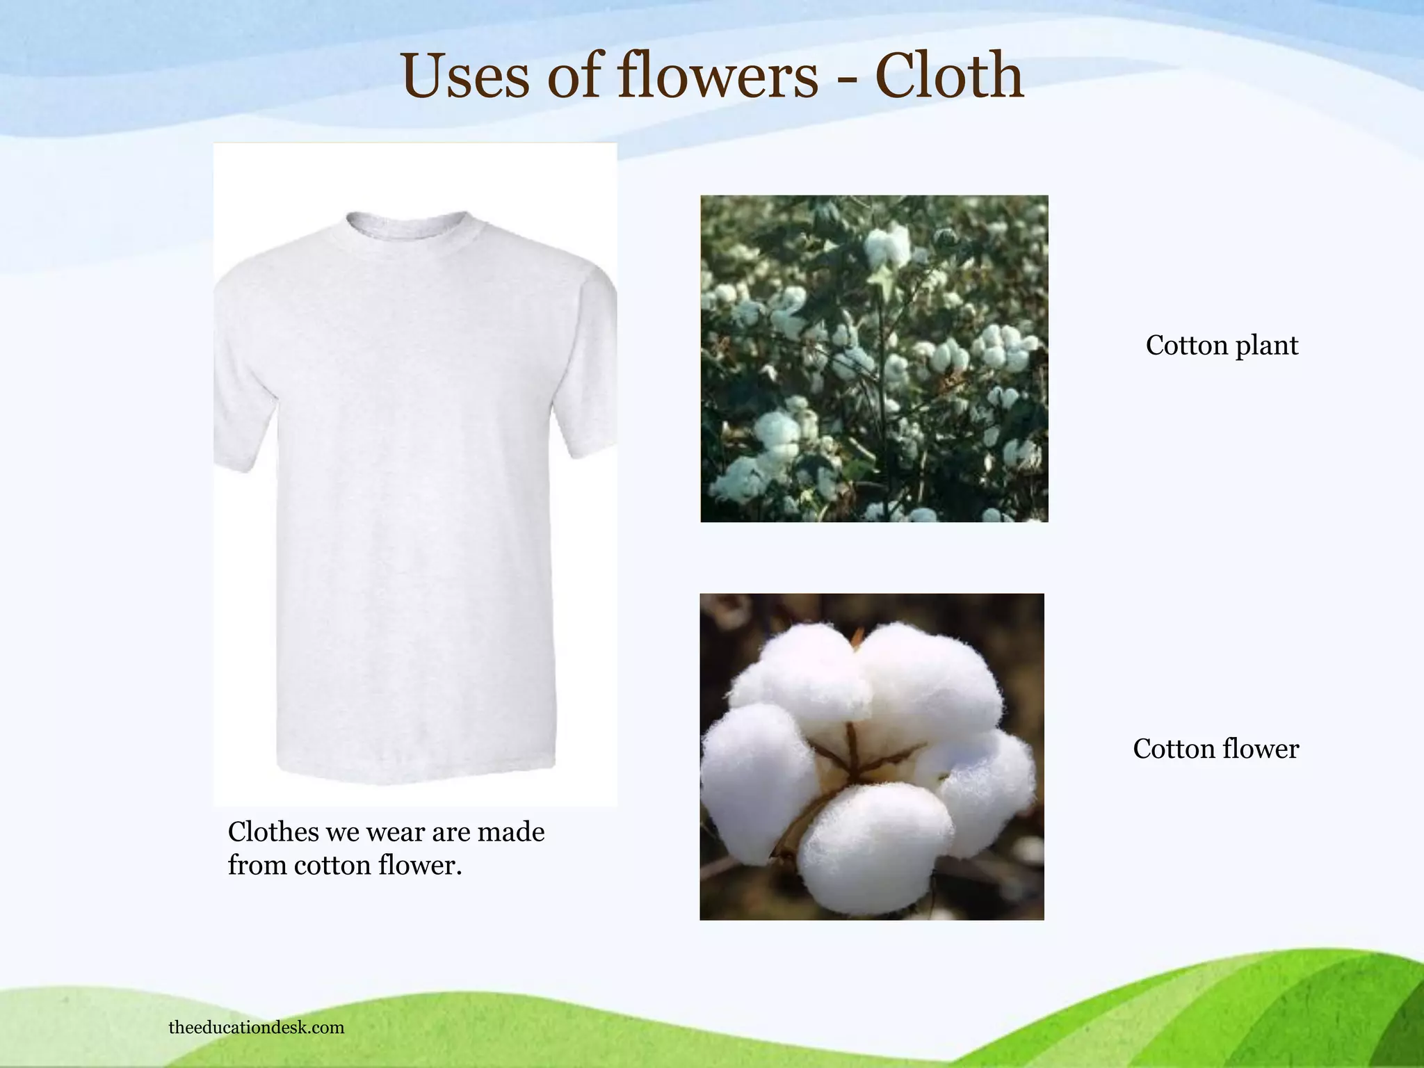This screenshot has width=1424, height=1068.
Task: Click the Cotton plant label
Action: pyautogui.click(x=1222, y=346)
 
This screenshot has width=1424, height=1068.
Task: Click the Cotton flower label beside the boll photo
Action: pyautogui.click(x=1215, y=749)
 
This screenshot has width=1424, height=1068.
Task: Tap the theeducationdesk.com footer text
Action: pyautogui.click(x=257, y=1027)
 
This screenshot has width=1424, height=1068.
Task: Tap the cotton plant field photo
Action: pyautogui.click(x=874, y=358)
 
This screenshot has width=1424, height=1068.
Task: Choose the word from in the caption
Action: pyautogui.click(x=257, y=866)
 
